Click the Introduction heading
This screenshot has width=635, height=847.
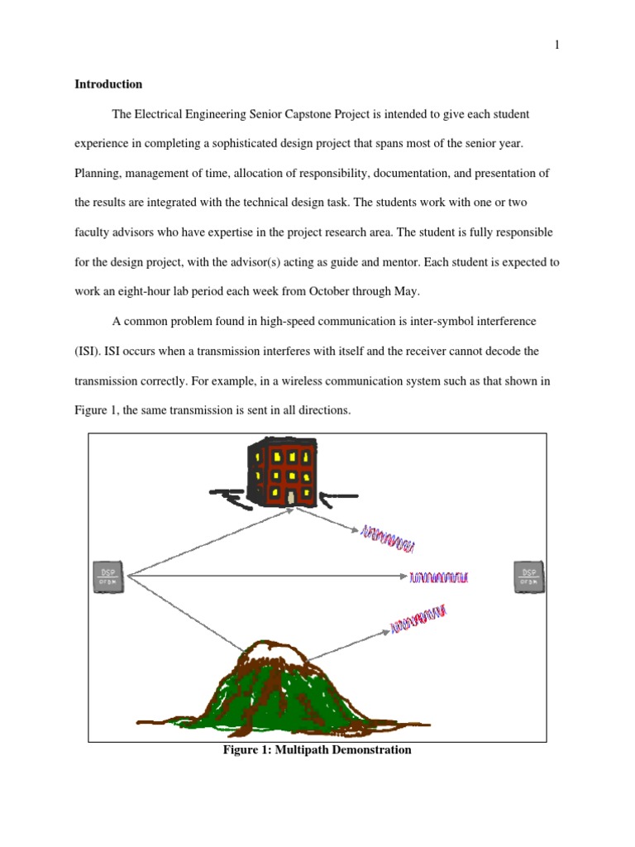click(x=108, y=84)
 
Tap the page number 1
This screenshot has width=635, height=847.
click(x=557, y=45)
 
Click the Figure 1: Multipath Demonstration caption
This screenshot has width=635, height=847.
click(x=317, y=750)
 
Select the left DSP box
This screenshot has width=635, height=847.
click(x=108, y=577)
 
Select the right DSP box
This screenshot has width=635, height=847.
click(x=528, y=577)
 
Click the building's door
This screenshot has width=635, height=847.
click(x=292, y=496)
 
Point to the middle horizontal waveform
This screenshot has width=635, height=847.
click(x=439, y=577)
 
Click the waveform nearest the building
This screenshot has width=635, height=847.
click(x=387, y=538)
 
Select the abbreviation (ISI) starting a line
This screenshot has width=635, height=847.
click(x=88, y=352)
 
